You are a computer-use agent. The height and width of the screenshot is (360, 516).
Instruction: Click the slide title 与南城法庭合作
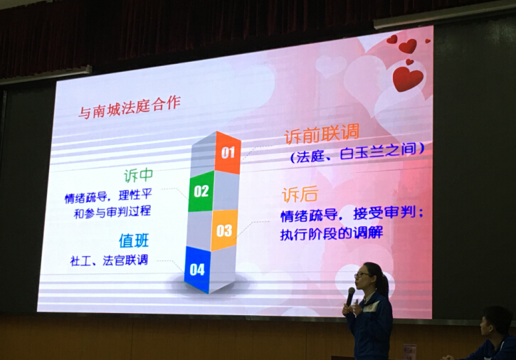130,107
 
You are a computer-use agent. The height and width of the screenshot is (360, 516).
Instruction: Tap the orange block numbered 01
228,152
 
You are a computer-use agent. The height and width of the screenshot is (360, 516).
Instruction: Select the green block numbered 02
201,191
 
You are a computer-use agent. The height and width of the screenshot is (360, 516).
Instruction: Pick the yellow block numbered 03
224,231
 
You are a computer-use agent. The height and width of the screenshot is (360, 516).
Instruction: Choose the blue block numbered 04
197,270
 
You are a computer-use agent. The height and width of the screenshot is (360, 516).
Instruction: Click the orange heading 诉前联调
322,133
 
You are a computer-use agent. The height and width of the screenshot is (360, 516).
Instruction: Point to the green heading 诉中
139,175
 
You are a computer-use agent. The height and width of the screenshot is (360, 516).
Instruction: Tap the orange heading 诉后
300,194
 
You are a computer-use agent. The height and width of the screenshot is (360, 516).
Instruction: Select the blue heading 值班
134,240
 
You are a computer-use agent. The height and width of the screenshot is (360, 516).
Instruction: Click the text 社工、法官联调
110,260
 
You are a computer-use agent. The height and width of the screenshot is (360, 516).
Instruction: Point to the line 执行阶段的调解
332,234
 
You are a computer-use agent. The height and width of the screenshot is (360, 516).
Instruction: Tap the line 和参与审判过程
112,212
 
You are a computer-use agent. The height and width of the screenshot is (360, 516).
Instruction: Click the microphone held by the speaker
350,296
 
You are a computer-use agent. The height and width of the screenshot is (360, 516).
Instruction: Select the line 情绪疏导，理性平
108,196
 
